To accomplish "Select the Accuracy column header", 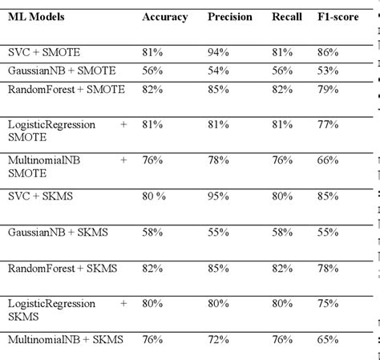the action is pos(164,17).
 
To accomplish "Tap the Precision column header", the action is pos(229,17).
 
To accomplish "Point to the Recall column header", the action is pos(288,17).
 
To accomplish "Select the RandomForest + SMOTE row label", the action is pos(66,88).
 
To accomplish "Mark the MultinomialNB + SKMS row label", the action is pos(65,341).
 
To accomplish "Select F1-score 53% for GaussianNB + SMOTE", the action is pos(328,70).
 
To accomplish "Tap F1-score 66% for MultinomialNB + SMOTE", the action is pos(328,160).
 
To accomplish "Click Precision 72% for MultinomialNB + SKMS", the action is pos(217,341).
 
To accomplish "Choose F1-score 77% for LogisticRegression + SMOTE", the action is pos(328,124).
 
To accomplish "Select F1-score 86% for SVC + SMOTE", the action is pos(328,51).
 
